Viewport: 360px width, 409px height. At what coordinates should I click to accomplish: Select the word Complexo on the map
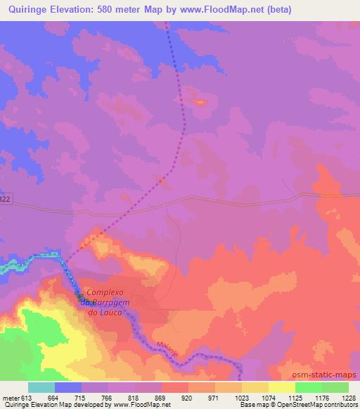pyautogui.click(x=105, y=292)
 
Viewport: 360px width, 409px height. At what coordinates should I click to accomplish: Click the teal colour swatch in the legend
pyautogui.click(x=41, y=387)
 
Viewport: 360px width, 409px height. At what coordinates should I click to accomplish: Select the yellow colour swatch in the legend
pyautogui.click(x=281, y=387)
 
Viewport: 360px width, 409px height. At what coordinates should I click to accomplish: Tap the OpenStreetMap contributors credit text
pyautogui.click(x=317, y=405)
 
